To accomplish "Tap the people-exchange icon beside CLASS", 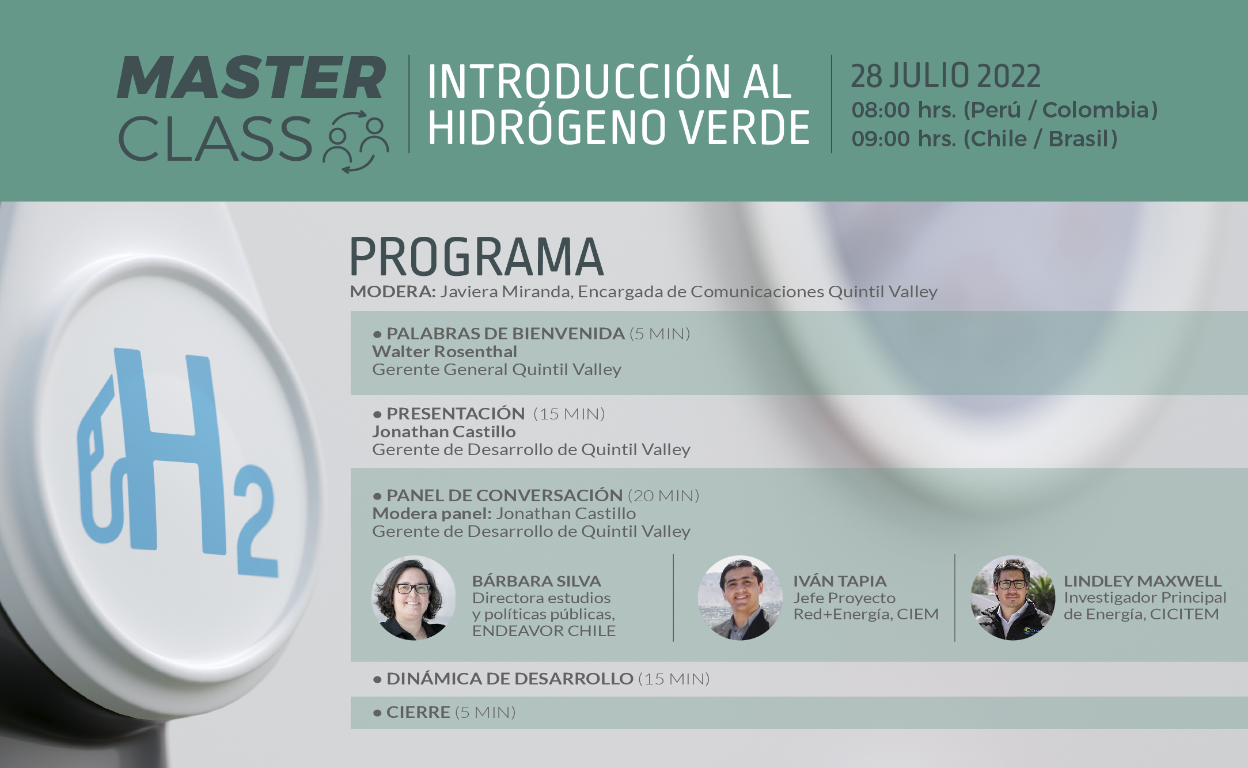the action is click(355, 141).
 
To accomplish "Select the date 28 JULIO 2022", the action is click(946, 76).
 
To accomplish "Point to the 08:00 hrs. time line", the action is click(1004, 110).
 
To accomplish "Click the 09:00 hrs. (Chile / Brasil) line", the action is click(984, 139).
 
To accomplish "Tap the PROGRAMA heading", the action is click(476, 257).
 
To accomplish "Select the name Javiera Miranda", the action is click(506, 292).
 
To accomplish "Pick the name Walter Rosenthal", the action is click(445, 351).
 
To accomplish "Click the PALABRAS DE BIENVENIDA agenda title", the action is click(505, 334).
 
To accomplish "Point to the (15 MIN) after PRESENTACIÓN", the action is click(569, 414).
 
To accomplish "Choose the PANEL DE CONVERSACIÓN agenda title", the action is click(504, 495).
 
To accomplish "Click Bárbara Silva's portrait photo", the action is click(414, 598).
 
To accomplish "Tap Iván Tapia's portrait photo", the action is click(740, 598).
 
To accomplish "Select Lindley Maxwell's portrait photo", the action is click(1013, 598).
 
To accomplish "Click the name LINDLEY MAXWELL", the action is click(1143, 581).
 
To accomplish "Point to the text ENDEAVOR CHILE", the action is click(544, 631).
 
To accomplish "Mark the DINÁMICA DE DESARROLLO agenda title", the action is click(510, 679).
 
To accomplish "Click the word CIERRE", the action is click(418, 712).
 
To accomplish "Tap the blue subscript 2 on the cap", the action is click(256, 521).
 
